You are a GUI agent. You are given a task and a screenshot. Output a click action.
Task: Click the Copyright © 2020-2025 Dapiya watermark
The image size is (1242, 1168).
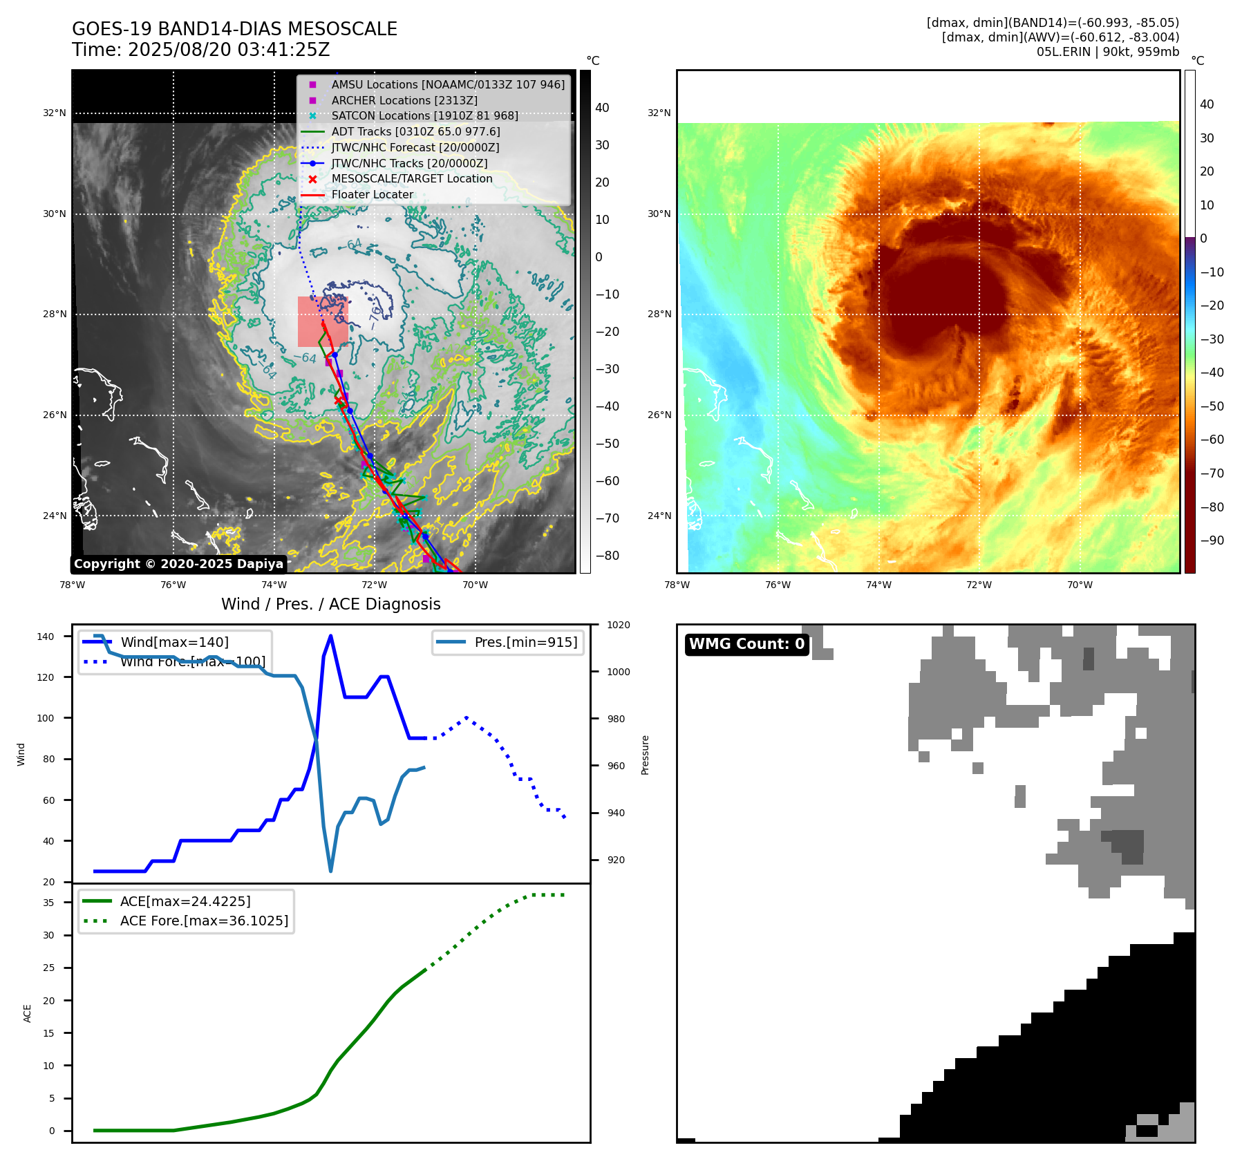pos(178,564)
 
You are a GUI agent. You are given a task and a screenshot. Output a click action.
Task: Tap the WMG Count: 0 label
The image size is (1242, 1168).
pos(746,644)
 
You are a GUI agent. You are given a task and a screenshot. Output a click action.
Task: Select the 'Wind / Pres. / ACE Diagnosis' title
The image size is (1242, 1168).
pos(330,604)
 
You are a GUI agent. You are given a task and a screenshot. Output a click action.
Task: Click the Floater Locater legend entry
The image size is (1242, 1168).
pos(372,195)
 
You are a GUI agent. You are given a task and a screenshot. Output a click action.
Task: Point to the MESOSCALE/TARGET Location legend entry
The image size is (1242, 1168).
pos(411,179)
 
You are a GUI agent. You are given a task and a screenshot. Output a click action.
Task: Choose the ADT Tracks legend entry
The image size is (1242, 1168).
pos(415,131)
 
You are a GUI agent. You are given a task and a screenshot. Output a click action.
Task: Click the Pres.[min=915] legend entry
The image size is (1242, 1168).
pos(525,642)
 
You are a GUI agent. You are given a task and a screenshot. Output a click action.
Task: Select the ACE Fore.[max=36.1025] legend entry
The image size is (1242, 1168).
pos(204,921)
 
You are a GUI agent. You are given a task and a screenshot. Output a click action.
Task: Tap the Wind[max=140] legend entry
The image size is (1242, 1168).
pos(174,642)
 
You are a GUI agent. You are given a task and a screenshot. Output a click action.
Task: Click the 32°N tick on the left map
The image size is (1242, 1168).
pos(55,113)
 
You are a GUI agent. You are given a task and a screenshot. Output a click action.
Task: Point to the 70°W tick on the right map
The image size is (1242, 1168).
pos(1080,585)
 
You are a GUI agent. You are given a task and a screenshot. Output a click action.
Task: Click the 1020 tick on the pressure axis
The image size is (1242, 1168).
pos(618,625)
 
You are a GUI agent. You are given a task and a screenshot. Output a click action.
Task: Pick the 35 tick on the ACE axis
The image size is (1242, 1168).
pos(48,903)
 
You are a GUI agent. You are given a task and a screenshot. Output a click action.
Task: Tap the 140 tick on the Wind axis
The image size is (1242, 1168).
pos(46,637)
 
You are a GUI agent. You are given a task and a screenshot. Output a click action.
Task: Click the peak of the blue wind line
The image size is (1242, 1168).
pos(330,636)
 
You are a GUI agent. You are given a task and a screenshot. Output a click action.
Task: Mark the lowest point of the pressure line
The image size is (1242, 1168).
pos(330,871)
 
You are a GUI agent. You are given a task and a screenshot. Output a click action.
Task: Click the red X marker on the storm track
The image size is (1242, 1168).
pos(338,400)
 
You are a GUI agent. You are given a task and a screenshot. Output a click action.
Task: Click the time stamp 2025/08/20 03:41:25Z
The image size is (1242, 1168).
pos(229,50)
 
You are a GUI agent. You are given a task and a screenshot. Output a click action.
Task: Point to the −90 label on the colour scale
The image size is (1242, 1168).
pos(1212,540)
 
